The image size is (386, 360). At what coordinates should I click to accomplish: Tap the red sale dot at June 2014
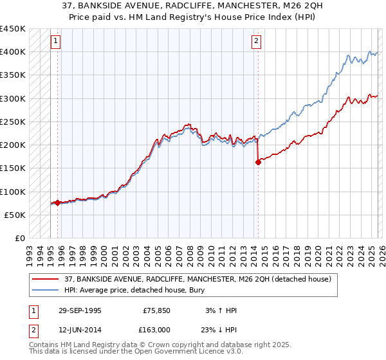point(258,162)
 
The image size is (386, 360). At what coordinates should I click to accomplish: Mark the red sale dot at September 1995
point(57,203)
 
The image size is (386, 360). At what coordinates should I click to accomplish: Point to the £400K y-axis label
point(13,52)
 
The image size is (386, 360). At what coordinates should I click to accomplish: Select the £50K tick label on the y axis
point(15,215)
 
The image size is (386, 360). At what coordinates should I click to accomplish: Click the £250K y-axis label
point(13,122)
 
